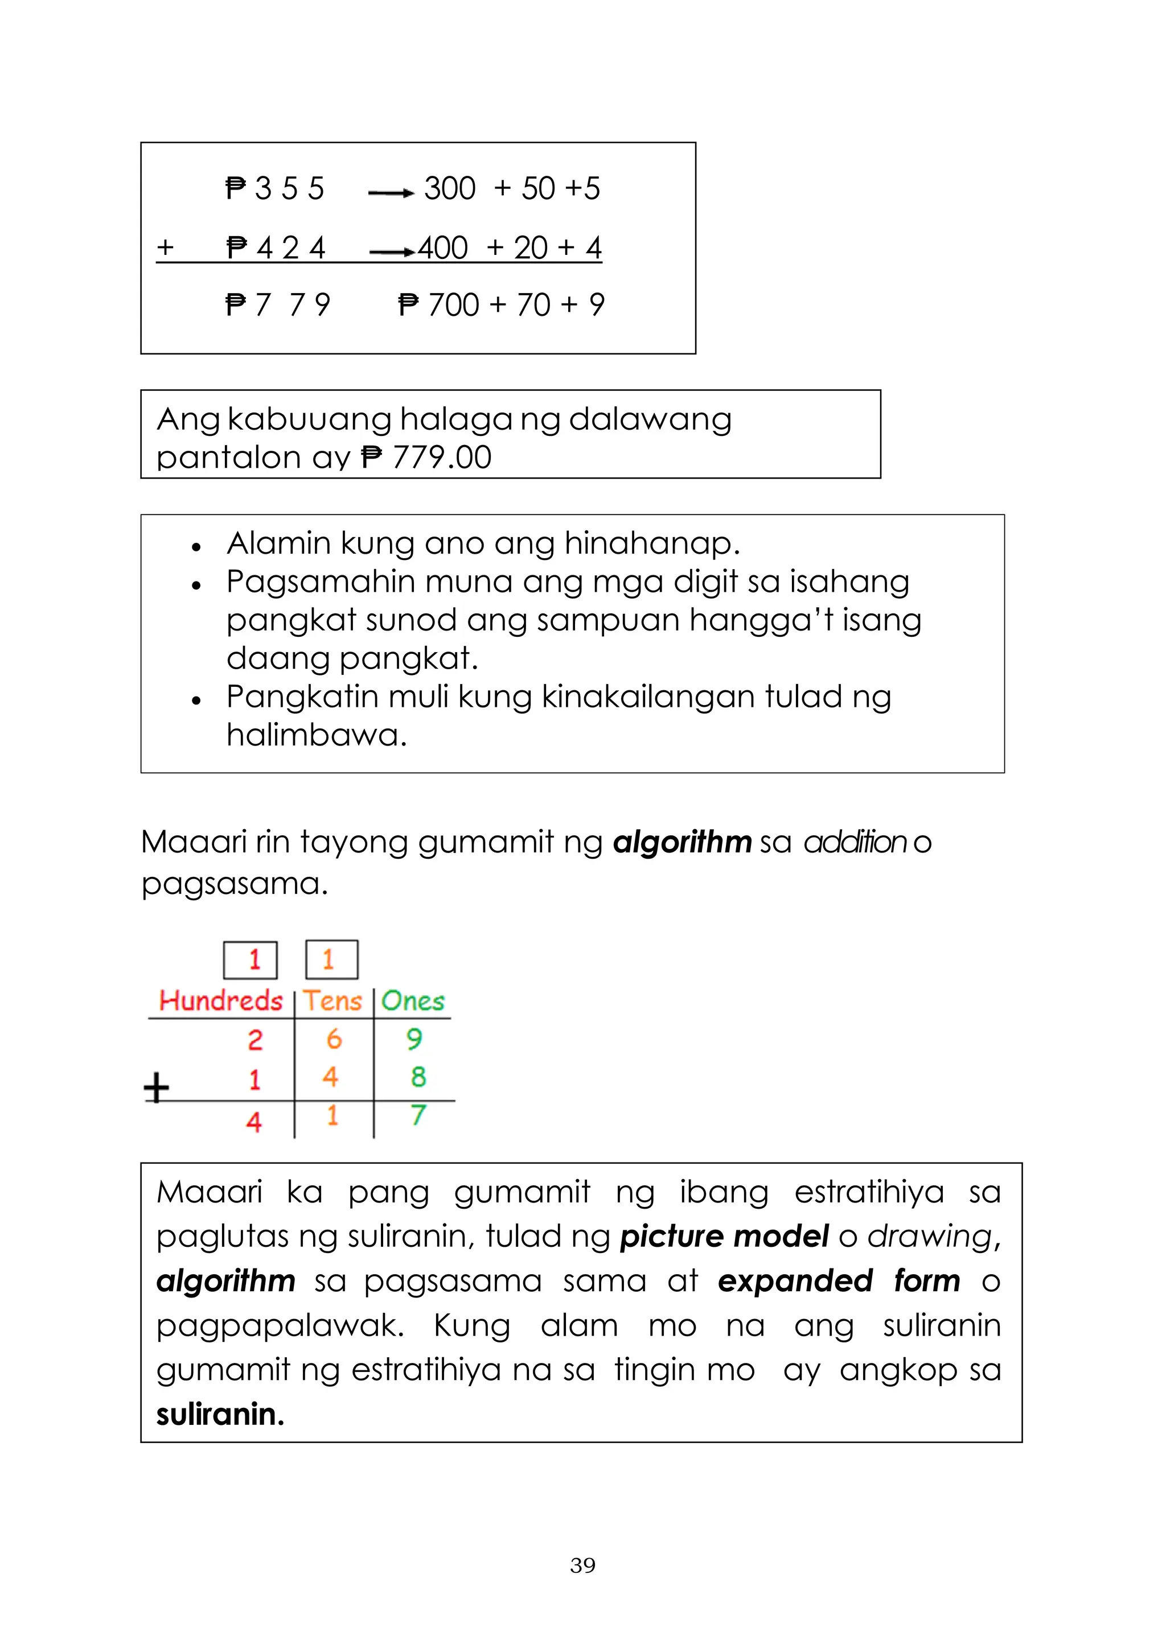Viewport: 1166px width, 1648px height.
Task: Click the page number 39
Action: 582,1565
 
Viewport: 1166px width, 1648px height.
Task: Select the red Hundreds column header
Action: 220,1000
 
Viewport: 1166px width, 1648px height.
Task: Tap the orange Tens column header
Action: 332,1000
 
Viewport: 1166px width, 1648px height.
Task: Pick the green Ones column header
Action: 413,1000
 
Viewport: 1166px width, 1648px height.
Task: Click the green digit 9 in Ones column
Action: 414,1039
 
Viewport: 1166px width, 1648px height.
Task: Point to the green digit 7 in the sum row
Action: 418,1115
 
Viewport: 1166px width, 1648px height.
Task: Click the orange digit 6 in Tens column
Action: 334,1039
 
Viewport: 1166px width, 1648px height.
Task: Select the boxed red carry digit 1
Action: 251,959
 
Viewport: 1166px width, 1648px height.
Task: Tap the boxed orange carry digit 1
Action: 331,959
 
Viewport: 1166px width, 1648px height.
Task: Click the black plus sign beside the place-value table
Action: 157,1087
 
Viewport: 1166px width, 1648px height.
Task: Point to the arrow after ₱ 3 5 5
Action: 391,193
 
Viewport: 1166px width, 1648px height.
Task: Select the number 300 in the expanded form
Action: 449,189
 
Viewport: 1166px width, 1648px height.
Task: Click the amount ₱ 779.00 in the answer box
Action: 426,457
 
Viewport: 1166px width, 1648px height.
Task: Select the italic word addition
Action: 855,842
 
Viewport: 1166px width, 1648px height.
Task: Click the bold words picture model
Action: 724,1236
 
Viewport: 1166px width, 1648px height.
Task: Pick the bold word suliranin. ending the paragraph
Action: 220,1414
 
